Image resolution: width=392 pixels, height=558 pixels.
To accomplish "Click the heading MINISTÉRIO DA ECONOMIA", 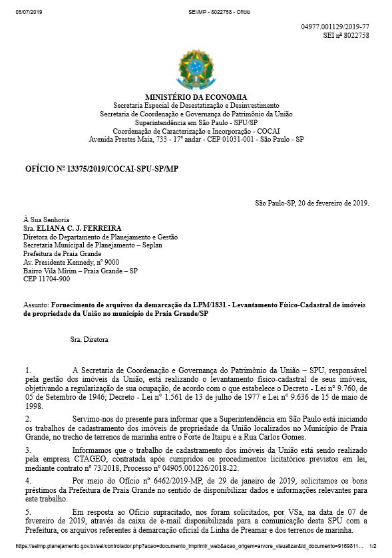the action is (196, 97).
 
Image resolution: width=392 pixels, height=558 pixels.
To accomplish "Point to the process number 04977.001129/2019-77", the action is (335, 25).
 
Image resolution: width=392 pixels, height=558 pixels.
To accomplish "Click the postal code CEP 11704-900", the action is (46, 279).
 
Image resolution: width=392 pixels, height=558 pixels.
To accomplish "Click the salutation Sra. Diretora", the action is (89, 340).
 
